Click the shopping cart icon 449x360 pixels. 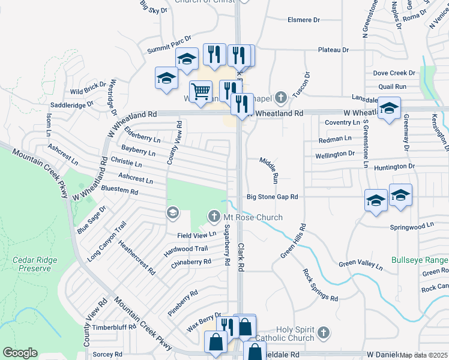click(201, 91)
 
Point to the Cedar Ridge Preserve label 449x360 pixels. click(31, 264)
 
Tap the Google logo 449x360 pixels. click(20, 353)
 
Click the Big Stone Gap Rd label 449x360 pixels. click(273, 197)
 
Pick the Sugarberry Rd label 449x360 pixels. click(227, 244)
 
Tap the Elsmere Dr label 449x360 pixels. click(304, 20)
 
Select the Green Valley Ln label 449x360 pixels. click(360, 264)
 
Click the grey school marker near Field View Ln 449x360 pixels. click(173, 213)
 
